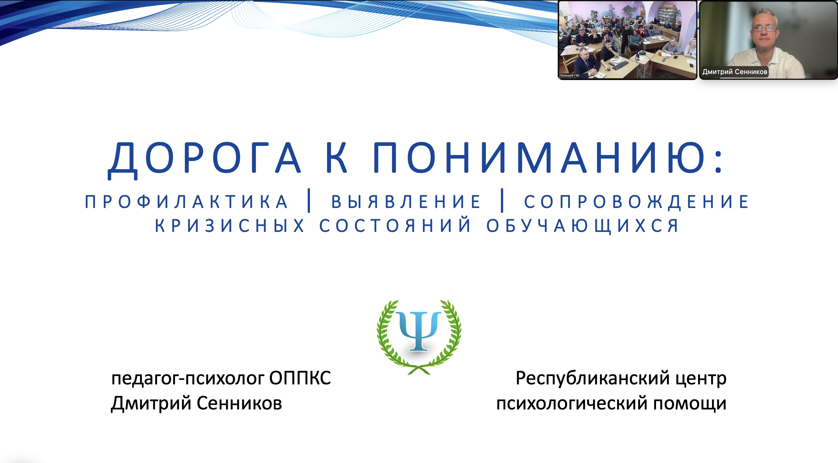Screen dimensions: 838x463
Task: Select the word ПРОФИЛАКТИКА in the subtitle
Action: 186,202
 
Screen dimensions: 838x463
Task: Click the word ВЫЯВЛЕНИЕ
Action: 406,202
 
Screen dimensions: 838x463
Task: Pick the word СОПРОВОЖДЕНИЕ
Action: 636,202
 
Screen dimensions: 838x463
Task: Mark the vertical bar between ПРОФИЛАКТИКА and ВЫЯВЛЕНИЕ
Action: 309,201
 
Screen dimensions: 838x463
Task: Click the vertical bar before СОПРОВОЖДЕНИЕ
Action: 502,201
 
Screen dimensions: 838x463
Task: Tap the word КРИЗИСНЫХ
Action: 229,226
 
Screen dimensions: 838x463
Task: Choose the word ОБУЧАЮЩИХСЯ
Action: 583,226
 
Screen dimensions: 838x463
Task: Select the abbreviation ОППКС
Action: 300,378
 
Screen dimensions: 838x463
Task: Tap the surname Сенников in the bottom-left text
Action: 239,403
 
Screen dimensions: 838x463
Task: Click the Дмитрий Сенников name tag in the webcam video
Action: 734,72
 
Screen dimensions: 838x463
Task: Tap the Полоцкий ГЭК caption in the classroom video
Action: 570,76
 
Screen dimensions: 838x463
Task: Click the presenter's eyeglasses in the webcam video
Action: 765,28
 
